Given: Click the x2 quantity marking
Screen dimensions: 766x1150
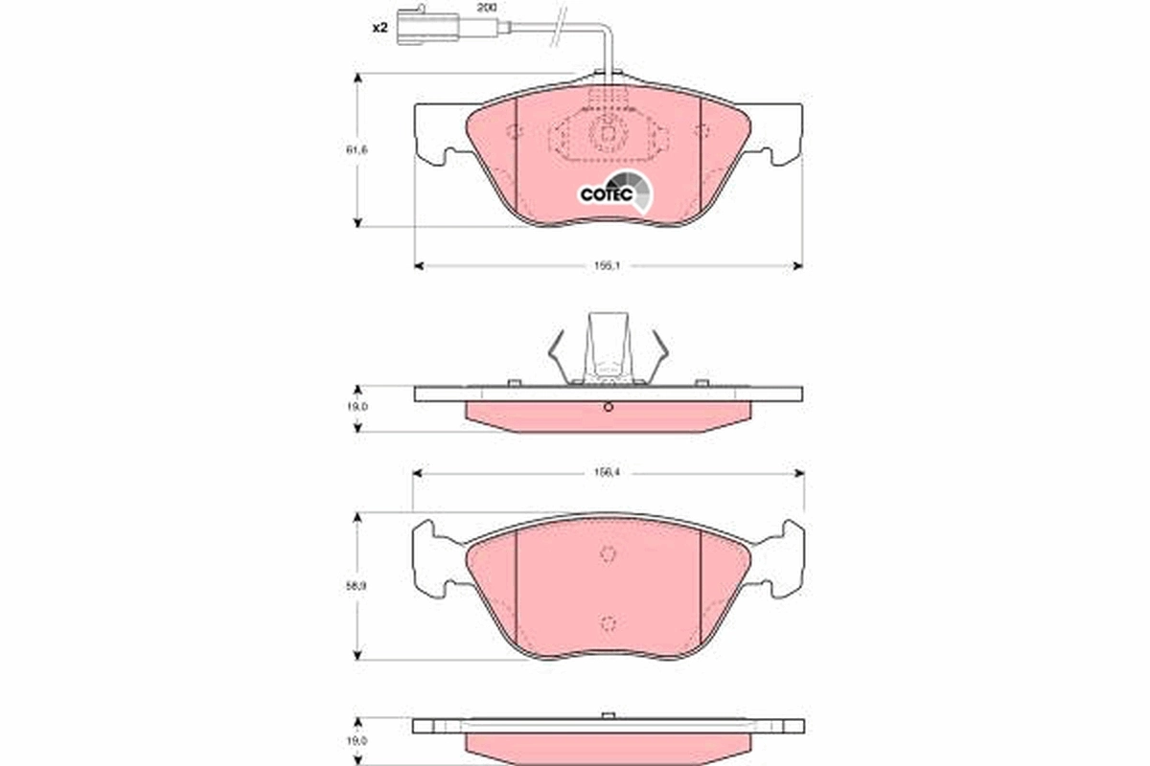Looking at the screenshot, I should (x=379, y=28).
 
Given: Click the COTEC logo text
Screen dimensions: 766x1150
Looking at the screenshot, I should (x=606, y=194).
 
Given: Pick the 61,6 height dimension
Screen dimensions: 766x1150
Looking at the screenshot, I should (x=357, y=150).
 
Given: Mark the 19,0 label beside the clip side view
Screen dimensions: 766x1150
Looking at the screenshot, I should (x=357, y=408).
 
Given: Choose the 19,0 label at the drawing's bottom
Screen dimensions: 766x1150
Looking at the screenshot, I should (x=357, y=740).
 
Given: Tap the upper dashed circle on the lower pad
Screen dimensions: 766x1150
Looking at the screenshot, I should (x=608, y=553).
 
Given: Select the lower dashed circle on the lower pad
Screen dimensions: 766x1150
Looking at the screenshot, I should (x=608, y=624).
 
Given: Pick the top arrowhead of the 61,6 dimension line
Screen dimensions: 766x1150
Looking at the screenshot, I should (x=357, y=80).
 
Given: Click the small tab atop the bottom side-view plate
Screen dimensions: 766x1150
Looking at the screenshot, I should (x=608, y=714).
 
